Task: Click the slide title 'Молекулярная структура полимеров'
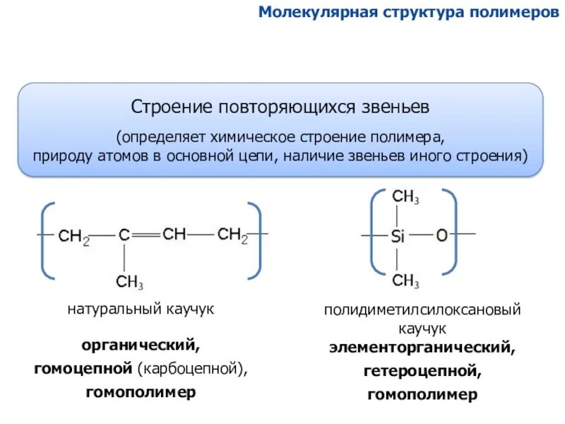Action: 408,13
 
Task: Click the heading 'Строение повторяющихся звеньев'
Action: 280,107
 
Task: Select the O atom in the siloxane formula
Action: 441,235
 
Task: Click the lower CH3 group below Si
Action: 406,281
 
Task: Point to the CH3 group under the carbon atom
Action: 130,282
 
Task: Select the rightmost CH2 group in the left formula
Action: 232,235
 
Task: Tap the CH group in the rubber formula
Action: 174,235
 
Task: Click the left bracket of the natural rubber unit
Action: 47,240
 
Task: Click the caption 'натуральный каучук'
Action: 141,310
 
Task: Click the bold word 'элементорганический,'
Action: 422,347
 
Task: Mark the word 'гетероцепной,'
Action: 422,371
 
